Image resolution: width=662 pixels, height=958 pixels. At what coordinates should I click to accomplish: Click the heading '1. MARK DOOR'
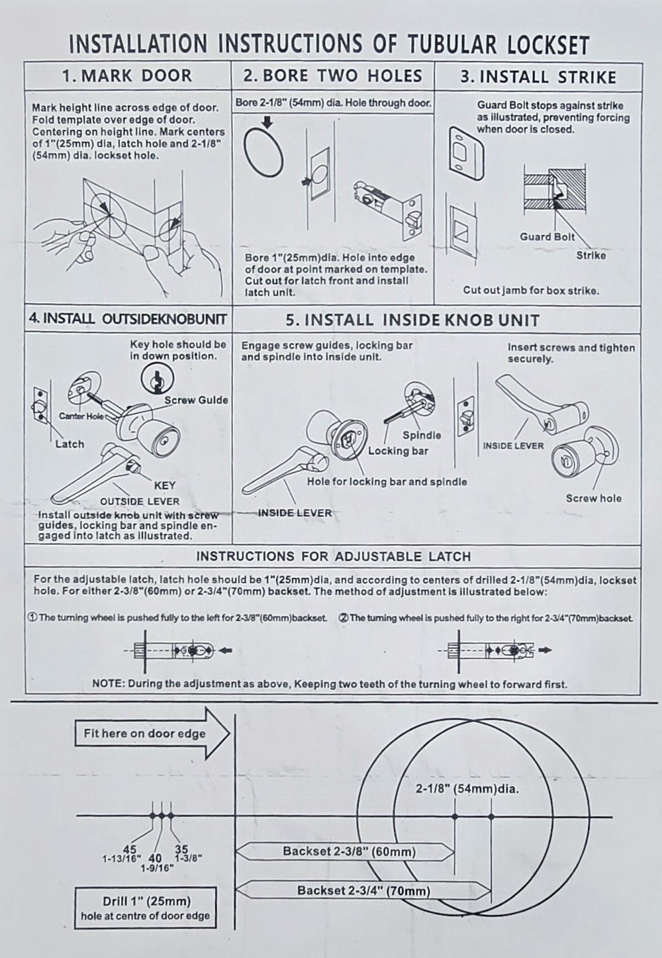(x=126, y=75)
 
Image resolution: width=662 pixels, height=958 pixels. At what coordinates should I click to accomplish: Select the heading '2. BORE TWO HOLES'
(x=332, y=75)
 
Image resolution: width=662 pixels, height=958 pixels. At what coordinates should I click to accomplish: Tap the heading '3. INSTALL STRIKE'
(x=538, y=77)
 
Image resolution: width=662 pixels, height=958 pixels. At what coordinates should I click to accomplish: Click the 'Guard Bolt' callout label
(x=547, y=236)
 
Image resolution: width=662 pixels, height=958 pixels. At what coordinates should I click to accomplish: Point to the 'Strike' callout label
(x=591, y=255)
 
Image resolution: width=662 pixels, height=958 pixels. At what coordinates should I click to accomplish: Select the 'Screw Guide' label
(x=196, y=400)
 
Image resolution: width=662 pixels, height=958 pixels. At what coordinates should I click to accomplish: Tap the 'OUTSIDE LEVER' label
(x=140, y=501)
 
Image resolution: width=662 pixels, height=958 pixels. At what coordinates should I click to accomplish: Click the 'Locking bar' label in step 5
(x=398, y=451)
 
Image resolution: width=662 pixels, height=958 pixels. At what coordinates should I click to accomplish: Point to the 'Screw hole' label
(x=594, y=499)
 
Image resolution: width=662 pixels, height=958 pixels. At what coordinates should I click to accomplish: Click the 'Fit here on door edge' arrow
(x=152, y=734)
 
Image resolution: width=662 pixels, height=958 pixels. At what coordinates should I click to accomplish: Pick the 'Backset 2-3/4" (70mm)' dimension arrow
(x=363, y=890)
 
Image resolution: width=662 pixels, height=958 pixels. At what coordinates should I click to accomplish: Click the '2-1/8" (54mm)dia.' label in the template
(x=467, y=789)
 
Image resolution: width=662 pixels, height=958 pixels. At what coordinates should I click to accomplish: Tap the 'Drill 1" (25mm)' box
(x=146, y=908)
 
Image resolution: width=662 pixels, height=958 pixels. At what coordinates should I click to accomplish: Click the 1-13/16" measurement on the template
(x=120, y=859)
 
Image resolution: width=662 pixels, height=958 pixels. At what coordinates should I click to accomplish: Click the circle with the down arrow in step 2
(x=264, y=151)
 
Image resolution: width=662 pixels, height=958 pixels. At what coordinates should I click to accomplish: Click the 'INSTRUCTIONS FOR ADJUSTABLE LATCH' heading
(x=333, y=556)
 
